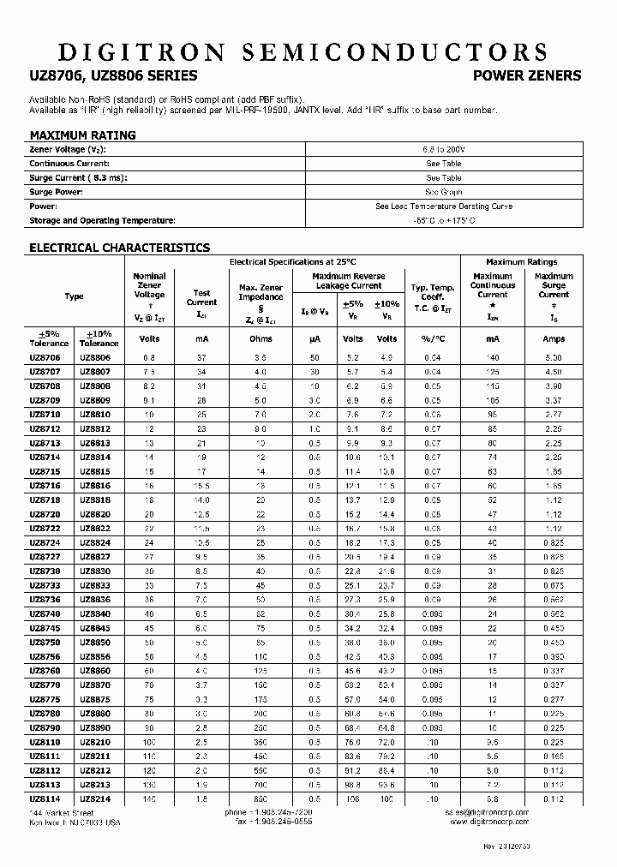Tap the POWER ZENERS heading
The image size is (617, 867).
pyautogui.click(x=527, y=75)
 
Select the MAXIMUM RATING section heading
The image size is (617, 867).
pyautogui.click(x=82, y=135)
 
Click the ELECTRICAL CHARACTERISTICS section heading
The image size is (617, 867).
pyautogui.click(x=119, y=248)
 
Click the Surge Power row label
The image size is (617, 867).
pyautogui.click(x=56, y=192)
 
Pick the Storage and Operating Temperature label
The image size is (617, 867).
pyautogui.click(x=102, y=221)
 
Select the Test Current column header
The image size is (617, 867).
pyautogui.click(x=201, y=296)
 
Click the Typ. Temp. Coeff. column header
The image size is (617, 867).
pyautogui.click(x=432, y=296)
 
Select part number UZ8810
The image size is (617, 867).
pyautogui.click(x=94, y=414)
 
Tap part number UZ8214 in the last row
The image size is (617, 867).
pyautogui.click(x=94, y=798)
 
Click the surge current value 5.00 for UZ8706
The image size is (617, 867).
pyautogui.click(x=554, y=356)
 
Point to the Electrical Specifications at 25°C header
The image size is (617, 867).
pyautogui.click(x=292, y=261)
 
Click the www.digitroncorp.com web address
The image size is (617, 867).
pyautogui.click(x=489, y=821)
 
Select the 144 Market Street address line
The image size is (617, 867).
pyautogui.click(x=62, y=811)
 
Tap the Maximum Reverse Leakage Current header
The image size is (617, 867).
pyautogui.click(x=348, y=281)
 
